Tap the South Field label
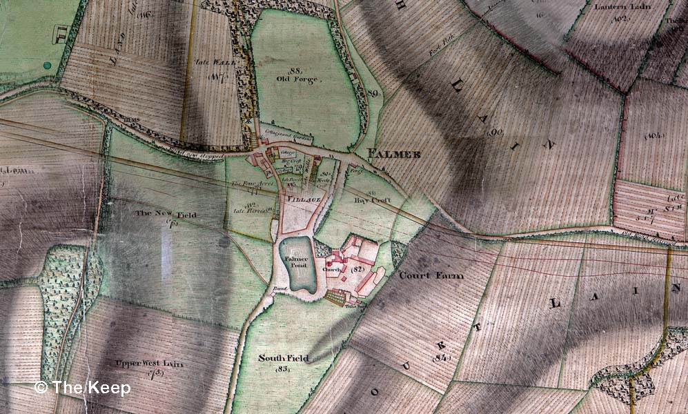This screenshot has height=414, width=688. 283,358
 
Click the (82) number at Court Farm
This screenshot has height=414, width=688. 357,267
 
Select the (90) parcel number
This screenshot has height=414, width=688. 494,131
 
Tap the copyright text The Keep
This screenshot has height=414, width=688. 82,388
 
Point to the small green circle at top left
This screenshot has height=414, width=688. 47,66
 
